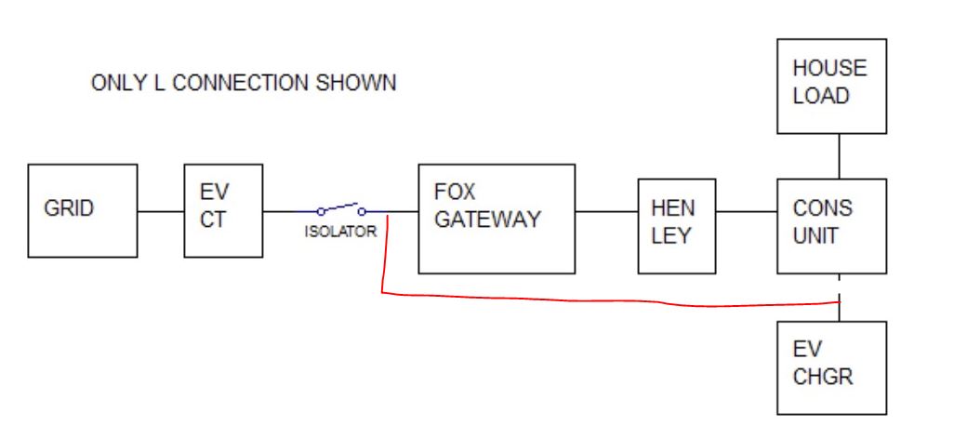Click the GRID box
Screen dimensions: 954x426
(83, 210)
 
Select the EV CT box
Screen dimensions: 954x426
(223, 210)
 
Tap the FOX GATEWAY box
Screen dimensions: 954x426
(497, 219)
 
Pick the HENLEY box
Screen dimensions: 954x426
(677, 226)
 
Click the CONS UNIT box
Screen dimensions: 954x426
(831, 226)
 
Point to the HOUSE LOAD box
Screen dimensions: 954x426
(831, 87)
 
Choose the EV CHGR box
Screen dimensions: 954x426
(831, 368)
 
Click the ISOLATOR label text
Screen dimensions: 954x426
(340, 232)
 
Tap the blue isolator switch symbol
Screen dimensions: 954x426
(341, 208)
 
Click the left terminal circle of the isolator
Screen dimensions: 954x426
(321, 212)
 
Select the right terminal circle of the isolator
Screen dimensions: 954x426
(362, 212)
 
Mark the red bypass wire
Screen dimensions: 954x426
(608, 300)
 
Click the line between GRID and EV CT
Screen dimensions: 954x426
(161, 212)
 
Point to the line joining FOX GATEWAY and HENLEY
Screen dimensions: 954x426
(606, 212)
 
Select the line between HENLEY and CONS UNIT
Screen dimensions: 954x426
(747, 212)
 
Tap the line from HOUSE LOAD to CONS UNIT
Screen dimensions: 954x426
(840, 156)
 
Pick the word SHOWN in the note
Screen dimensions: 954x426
(356, 83)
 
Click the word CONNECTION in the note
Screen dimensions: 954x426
(240, 83)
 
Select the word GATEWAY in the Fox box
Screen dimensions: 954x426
(487, 220)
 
